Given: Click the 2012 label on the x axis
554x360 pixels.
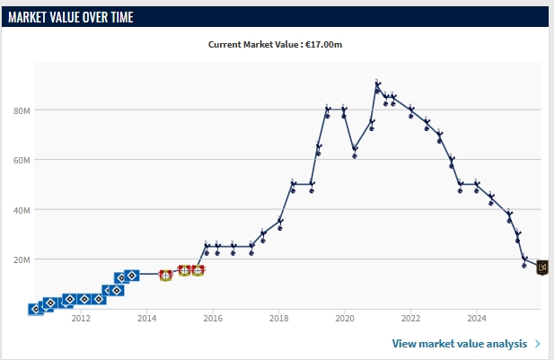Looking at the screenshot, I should coord(81,318).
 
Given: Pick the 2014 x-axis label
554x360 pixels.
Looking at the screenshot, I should coord(147,318).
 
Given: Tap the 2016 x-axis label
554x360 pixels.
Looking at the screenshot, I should coord(213,318).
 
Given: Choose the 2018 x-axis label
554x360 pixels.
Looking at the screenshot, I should coord(279,318).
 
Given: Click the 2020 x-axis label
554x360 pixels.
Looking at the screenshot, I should coord(345,318).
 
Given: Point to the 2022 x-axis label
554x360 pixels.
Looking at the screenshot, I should coord(411,318).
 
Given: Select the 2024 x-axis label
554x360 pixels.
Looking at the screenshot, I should coord(477,318).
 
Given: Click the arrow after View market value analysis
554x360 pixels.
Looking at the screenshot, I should coord(537,343).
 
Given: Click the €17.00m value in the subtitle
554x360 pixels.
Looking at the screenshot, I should coord(327,43).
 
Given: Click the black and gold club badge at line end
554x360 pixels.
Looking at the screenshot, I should coord(541,267).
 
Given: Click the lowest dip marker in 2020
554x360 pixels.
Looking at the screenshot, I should coord(355,151).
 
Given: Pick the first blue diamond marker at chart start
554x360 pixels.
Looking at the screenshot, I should coord(35,309).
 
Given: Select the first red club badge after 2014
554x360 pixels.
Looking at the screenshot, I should coord(165,275).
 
